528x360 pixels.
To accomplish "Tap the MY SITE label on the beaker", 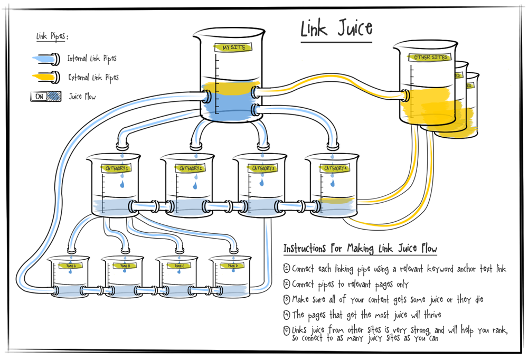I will coord(233,48).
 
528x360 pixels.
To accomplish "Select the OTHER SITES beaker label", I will coord(430,57).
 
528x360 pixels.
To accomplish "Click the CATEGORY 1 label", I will coord(117,168).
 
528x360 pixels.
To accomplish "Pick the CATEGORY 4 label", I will coord(335,168).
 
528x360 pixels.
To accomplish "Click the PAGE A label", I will coord(70,266).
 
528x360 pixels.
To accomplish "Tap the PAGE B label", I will coord(124,266).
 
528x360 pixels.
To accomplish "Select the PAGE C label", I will coord(181,266).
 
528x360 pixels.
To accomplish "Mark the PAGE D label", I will coord(232,266).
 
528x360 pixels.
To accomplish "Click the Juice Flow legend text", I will coord(82,97).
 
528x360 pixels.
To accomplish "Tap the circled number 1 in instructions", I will coord(287,268).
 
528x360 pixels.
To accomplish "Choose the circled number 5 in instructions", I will coord(287,330).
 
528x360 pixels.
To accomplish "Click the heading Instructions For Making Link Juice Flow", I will coord(360,248).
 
